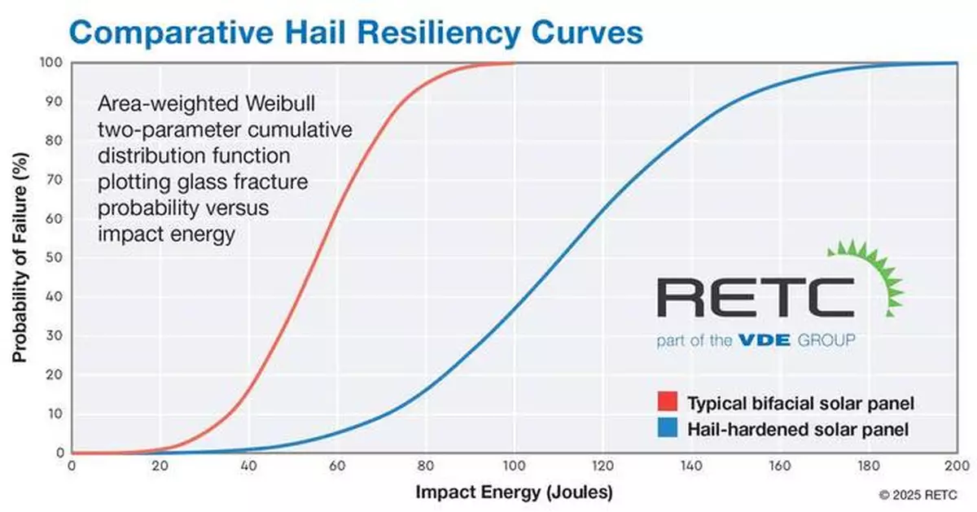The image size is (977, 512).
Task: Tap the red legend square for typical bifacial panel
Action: [668, 402]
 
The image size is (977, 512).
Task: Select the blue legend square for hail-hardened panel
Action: [668, 427]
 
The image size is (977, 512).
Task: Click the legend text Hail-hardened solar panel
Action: [798, 428]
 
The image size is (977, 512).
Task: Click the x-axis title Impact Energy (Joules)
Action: [514, 492]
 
